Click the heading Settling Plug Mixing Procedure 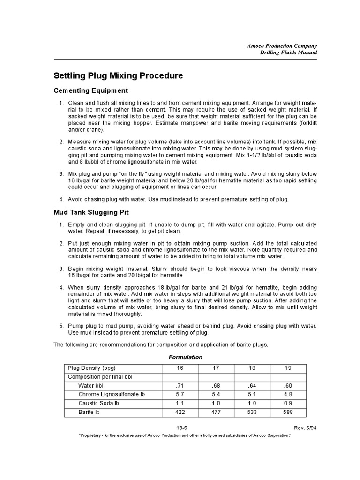(x=118, y=75)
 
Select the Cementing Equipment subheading (x=91, y=90)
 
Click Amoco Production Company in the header (x=282, y=45)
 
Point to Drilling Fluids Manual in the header (x=288, y=52)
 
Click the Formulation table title (x=185, y=357)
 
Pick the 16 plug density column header (x=180, y=367)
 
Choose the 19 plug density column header (x=288, y=367)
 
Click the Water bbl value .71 (x=180, y=385)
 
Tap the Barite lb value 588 (x=288, y=412)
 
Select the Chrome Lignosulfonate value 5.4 (x=216, y=394)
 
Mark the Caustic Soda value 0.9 (x=288, y=403)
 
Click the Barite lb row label (x=89, y=412)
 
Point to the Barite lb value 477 (x=216, y=412)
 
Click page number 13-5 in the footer (x=182, y=427)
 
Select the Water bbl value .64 (x=252, y=385)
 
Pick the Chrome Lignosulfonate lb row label (x=112, y=394)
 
